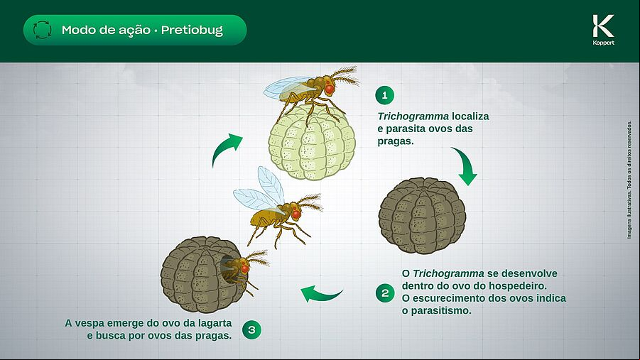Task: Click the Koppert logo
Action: point(603,30)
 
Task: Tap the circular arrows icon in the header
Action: point(42,30)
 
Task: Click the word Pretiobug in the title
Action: point(192,31)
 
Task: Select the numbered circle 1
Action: point(384,96)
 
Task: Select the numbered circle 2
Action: point(385,293)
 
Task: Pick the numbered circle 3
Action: point(251,329)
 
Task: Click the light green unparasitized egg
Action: point(312,141)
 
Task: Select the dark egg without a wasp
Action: point(423,216)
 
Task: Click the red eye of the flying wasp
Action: point(296,214)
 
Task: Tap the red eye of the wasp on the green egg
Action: point(330,89)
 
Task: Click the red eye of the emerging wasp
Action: point(245,269)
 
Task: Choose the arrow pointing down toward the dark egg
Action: point(467,165)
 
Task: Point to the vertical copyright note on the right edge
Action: point(629,180)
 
